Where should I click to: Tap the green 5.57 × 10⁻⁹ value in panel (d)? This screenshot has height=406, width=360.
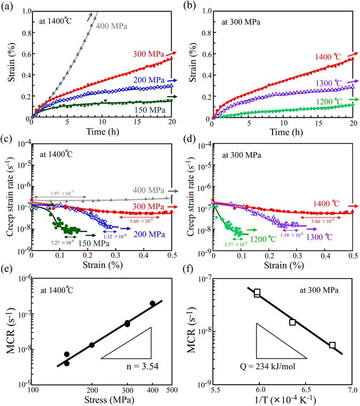(234, 243)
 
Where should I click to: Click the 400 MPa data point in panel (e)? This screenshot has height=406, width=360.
(153, 304)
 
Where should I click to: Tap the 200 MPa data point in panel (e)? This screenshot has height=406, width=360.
(92, 345)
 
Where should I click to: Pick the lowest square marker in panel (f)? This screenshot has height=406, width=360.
(332, 345)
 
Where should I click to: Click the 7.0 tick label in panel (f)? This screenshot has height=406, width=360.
(353, 392)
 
